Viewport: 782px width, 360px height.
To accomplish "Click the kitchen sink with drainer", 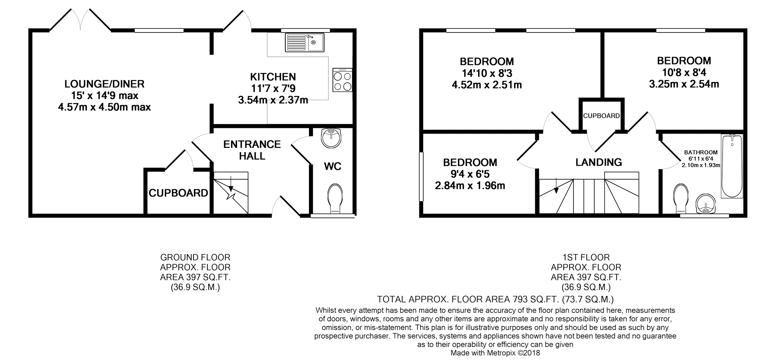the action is (305, 42).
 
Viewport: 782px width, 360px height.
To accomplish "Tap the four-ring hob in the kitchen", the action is (342, 80).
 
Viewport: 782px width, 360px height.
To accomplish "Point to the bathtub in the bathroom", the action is (732, 166).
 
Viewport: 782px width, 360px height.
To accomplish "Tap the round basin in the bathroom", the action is (706, 204).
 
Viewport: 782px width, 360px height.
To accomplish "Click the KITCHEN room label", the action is (273, 76).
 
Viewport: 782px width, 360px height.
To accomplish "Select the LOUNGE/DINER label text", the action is (104, 84).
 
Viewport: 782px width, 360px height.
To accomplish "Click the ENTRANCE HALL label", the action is (252, 150).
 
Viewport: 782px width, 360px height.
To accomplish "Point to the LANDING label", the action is (599, 162).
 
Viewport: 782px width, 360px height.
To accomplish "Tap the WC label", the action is (332, 166).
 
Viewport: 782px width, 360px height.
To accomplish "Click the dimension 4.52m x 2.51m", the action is (487, 85).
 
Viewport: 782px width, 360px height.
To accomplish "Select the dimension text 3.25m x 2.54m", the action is (684, 84).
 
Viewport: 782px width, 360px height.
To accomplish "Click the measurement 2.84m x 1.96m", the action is (470, 186).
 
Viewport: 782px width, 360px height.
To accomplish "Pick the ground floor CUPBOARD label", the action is (178, 193).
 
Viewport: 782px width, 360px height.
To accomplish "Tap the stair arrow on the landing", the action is (556, 186).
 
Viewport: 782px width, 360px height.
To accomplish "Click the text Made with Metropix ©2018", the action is (495, 353).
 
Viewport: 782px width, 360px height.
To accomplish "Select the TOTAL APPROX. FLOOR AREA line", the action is (495, 299).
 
